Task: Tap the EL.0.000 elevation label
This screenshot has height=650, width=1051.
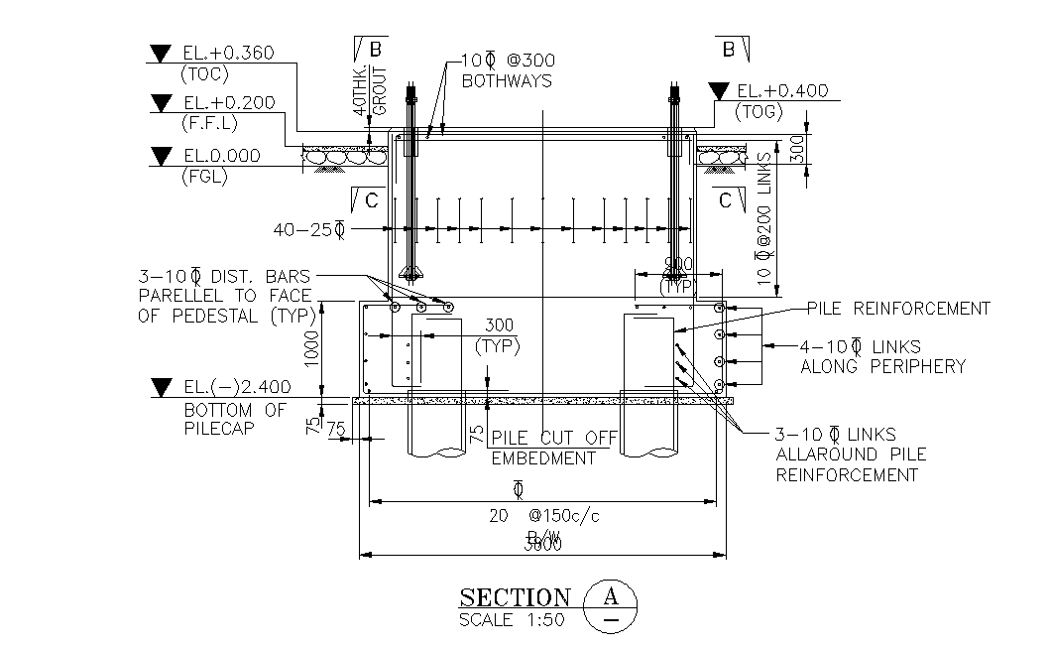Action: click(x=222, y=156)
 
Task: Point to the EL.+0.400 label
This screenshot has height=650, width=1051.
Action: click(x=782, y=91)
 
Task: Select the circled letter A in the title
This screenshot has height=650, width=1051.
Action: click(x=612, y=597)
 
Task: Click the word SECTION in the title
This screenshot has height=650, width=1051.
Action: click(x=516, y=597)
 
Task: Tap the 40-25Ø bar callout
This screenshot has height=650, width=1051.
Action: click(x=308, y=229)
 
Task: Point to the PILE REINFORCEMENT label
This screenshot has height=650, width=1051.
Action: click(x=898, y=309)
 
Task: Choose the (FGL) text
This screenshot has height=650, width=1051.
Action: click(x=204, y=178)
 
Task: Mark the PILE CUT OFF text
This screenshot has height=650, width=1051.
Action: click(x=555, y=438)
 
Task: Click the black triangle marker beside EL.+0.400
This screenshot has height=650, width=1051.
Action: click(x=719, y=92)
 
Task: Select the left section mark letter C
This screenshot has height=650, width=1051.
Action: click(x=370, y=200)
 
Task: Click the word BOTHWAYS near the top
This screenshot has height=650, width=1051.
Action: click(x=507, y=81)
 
